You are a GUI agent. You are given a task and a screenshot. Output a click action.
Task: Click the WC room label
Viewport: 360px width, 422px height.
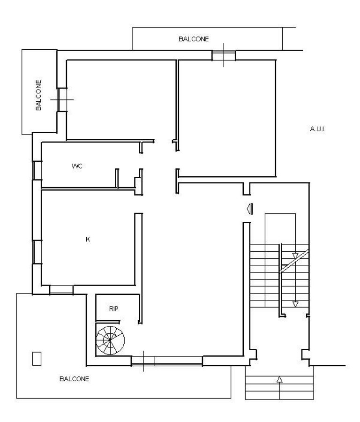tap(77, 166)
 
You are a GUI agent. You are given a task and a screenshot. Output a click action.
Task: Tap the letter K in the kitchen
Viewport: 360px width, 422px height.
tap(88, 239)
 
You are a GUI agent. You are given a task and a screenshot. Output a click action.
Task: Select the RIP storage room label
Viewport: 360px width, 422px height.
tap(113, 309)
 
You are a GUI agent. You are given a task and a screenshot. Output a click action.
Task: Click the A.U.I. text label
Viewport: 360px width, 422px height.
tap(318, 129)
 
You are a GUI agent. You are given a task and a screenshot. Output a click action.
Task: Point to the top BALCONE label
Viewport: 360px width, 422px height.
tap(194, 39)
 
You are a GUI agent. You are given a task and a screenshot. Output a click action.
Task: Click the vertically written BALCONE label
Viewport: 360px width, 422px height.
tap(39, 95)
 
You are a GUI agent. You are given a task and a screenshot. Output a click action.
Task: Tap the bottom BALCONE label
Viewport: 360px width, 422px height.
tap(74, 379)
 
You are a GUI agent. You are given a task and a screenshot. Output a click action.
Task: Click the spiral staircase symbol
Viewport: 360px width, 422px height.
tap(110, 340)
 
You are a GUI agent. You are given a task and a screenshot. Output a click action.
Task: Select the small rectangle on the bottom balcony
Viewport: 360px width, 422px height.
tap(37, 359)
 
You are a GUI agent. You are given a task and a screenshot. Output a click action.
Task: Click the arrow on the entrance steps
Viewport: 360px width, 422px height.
tap(279, 388)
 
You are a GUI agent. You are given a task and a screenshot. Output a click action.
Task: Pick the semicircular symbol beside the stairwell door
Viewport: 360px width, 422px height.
tap(250, 209)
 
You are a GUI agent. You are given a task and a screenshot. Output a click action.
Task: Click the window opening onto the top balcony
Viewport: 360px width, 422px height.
tap(224, 55)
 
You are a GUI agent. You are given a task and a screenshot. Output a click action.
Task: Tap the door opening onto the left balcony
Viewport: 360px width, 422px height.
tap(61, 99)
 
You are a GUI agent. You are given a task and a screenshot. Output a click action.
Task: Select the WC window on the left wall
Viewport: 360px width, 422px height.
tap(37, 170)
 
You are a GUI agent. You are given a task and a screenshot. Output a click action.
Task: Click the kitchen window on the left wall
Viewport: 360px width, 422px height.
tap(37, 252)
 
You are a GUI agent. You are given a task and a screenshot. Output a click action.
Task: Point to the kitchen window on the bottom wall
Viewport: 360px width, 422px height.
tap(61, 290)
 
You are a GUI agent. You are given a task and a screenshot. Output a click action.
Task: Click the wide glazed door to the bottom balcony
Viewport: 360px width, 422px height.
tap(167, 361)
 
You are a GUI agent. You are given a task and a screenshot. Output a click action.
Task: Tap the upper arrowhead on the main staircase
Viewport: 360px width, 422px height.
tap(295, 256)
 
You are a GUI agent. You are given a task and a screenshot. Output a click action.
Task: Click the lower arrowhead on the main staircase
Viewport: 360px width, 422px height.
tap(295, 304)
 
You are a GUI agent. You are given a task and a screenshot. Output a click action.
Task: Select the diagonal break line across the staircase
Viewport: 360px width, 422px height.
tap(294, 261)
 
